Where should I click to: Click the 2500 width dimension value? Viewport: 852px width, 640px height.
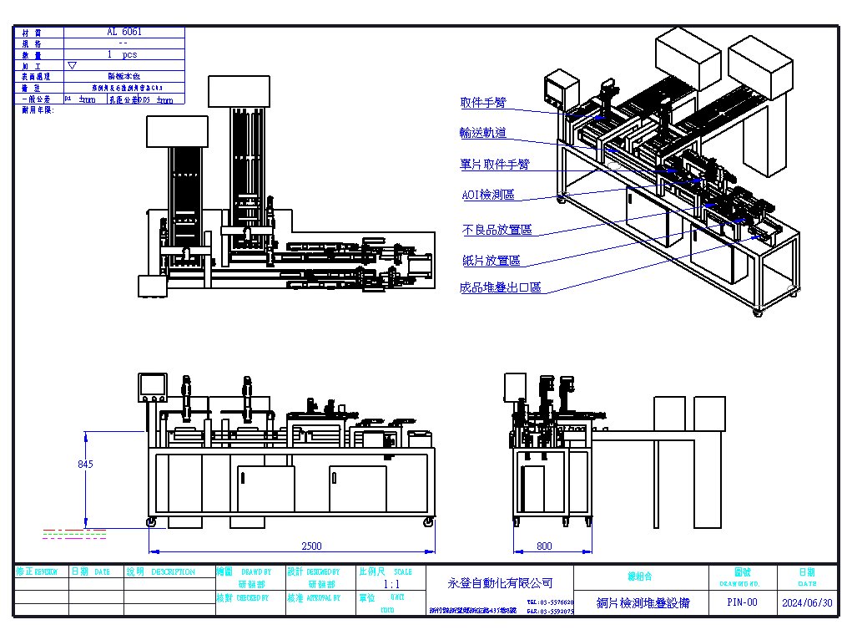point(310,546)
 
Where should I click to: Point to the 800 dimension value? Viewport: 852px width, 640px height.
point(544,546)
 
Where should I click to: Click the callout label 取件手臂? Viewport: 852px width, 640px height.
point(483,104)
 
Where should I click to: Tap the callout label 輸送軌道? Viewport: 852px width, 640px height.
point(483,133)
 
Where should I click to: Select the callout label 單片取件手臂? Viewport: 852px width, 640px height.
point(495,165)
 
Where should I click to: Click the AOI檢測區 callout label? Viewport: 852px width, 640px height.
point(488,195)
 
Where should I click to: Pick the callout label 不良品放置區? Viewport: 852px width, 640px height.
point(497,230)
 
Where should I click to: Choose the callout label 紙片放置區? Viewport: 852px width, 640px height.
point(492,261)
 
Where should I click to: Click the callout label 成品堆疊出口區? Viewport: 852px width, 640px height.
point(501,287)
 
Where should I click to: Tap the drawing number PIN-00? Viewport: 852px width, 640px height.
point(742,602)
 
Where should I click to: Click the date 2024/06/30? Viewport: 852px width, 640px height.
point(807,602)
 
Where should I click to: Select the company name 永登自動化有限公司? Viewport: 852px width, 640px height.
point(501,582)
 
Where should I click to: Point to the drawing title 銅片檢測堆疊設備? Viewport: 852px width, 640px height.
point(643,602)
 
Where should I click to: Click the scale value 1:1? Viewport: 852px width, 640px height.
point(391,586)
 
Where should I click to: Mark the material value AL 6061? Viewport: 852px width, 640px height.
point(124,32)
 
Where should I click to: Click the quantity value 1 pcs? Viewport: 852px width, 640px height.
point(123,54)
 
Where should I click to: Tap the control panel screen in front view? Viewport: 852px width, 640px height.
point(153,385)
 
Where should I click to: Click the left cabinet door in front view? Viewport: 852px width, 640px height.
point(265,489)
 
